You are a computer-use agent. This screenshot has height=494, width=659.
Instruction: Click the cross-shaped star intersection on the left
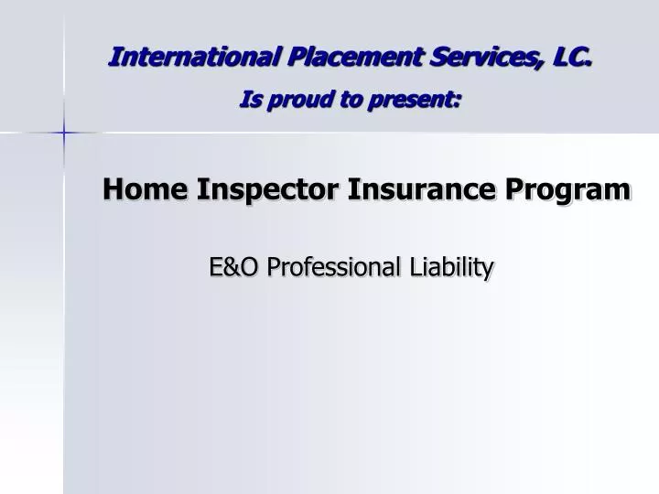tap(64, 134)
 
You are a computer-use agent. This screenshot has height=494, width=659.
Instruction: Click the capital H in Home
tap(114, 189)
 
